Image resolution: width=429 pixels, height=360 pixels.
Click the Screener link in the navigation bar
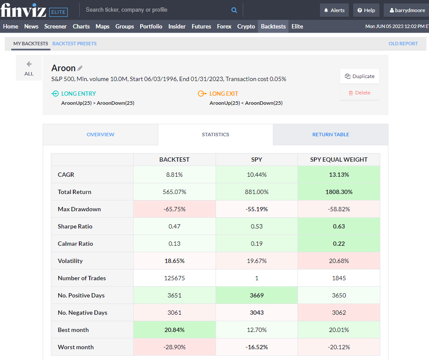pyautogui.click(x=55, y=26)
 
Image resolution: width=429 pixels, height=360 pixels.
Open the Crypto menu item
pyautogui.click(x=246, y=26)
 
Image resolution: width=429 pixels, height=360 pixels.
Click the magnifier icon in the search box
pyautogui.click(x=234, y=10)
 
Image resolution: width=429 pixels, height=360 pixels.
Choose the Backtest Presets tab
pyautogui.click(x=74, y=44)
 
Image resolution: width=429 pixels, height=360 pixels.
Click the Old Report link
pyautogui.click(x=403, y=44)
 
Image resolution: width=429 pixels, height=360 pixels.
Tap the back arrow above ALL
pyautogui.click(x=29, y=64)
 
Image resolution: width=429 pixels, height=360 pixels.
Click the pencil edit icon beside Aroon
pyautogui.click(x=80, y=68)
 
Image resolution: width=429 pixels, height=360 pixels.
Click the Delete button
pyautogui.click(x=359, y=93)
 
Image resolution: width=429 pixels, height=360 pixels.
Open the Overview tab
pyautogui.click(x=100, y=135)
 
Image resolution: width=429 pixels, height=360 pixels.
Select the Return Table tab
pyautogui.click(x=331, y=135)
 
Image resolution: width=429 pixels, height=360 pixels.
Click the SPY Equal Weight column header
pyautogui.click(x=339, y=160)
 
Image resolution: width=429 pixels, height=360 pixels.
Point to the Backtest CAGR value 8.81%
pyautogui.click(x=174, y=175)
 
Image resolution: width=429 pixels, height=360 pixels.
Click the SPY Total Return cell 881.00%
pyautogui.click(x=257, y=192)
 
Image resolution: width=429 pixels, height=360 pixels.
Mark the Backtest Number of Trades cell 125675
pyautogui.click(x=174, y=278)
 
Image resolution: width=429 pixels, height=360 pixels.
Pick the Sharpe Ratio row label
pyautogui.click(x=75, y=226)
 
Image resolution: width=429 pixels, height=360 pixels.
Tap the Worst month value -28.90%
pyautogui.click(x=174, y=347)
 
